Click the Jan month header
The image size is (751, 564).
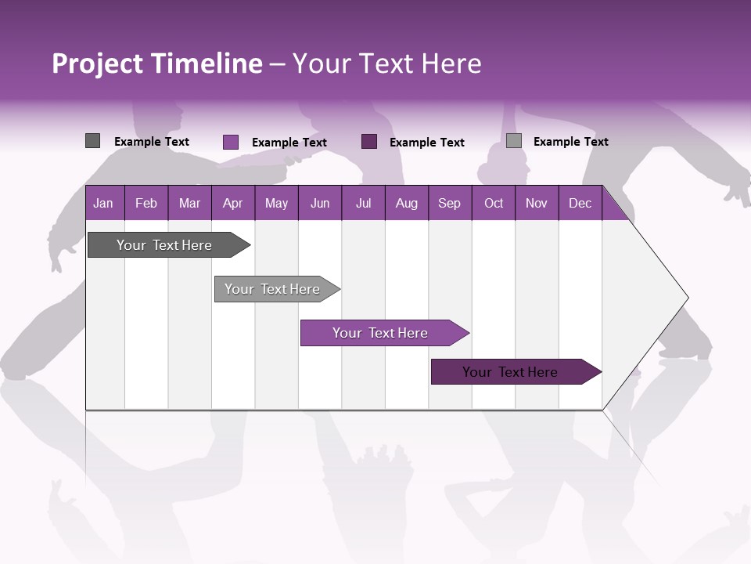pyautogui.click(x=103, y=203)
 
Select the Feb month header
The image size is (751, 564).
pyautogui.click(x=146, y=203)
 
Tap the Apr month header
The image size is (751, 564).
pyautogui.click(x=232, y=203)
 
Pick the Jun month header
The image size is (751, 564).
pyautogui.click(x=320, y=203)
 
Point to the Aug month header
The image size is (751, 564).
pyautogui.click(x=406, y=203)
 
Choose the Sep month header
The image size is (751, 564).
pyautogui.click(x=449, y=203)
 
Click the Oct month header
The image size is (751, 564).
pyautogui.click(x=494, y=203)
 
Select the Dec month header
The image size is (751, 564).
pyautogui.click(x=580, y=203)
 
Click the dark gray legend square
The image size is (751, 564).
pyautogui.click(x=93, y=141)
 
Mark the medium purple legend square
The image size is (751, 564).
pyautogui.click(x=231, y=142)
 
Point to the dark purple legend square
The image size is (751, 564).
pyautogui.click(x=369, y=141)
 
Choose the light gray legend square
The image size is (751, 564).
pyautogui.click(x=514, y=141)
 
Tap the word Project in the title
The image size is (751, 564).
pyautogui.click(x=97, y=64)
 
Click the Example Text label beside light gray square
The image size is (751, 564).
pyautogui.click(x=570, y=141)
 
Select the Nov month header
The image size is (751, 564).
pyautogui.click(x=536, y=203)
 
